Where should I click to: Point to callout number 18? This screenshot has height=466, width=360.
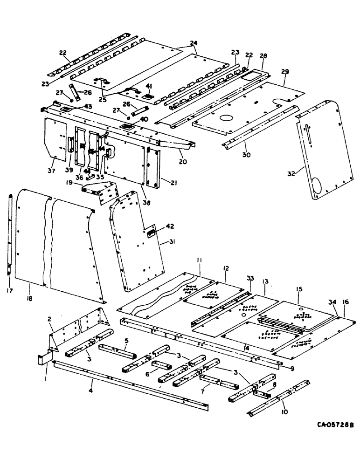coord(29,292)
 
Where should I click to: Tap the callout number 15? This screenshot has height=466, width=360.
coord(298,289)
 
